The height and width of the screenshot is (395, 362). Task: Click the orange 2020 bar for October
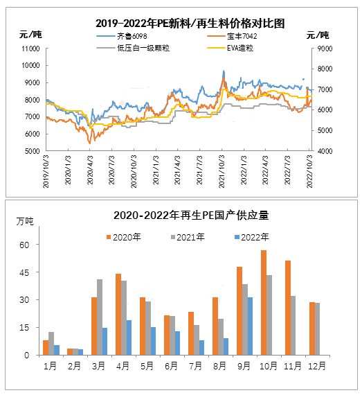264,303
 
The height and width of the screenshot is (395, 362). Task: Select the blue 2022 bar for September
250,326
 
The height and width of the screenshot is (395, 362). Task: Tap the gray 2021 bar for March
100,317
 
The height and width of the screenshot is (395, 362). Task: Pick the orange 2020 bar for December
312,328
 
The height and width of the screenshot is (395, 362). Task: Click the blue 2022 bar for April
129,337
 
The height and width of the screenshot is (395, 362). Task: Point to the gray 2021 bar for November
293,326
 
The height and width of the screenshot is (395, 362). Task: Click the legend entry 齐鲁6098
122,36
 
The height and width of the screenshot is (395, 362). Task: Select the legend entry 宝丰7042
232,36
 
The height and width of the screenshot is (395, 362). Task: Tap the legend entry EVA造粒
230,48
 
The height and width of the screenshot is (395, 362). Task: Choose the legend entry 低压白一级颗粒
133,48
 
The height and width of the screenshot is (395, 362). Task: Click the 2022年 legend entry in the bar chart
251,237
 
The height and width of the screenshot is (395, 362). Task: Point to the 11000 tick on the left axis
30,49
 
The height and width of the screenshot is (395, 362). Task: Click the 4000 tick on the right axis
325,151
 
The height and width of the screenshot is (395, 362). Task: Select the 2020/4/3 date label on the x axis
90,170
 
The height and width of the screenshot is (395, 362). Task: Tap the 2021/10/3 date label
221,172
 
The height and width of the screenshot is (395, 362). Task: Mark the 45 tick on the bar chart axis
24,272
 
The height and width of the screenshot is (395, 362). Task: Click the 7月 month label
195,366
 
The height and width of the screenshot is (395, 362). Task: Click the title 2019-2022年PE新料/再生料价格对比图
190,24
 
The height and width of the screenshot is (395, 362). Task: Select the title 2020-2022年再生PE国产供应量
191,216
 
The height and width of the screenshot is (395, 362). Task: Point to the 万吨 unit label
25,222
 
